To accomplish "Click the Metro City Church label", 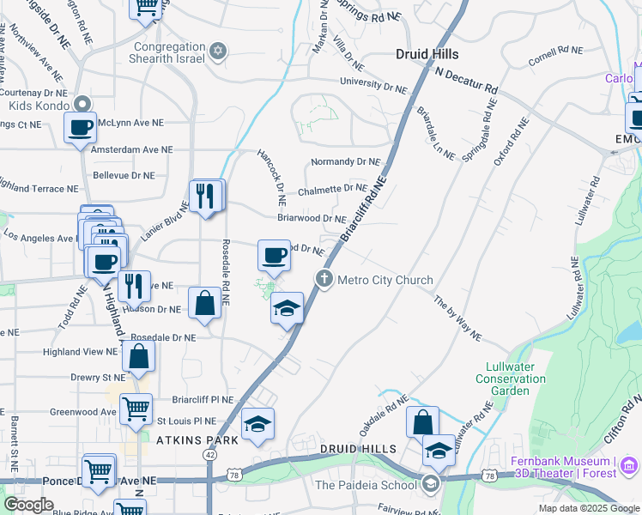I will (x=385, y=280).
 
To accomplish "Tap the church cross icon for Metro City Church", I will (x=324, y=278).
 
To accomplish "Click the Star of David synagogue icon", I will (x=218, y=51).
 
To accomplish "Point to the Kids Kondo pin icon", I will (x=82, y=104).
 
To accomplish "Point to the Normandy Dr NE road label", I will (x=345, y=161).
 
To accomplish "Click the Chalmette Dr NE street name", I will (x=332, y=189).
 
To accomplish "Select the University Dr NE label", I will (x=372, y=85).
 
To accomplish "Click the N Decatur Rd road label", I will (x=466, y=81).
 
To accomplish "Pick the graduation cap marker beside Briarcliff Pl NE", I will (x=257, y=425).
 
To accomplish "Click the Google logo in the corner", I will (x=28, y=505).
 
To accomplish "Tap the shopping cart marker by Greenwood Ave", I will (x=136, y=409).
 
